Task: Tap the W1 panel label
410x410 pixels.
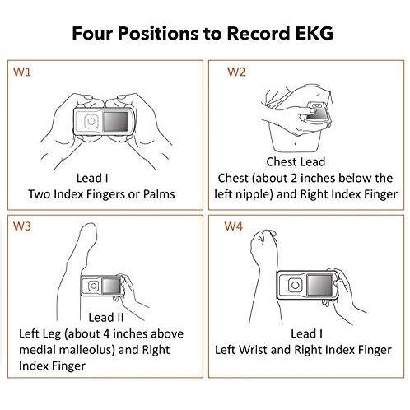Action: (x=22, y=72)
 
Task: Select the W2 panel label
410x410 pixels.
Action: (x=236, y=72)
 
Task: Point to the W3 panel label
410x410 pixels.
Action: (x=22, y=226)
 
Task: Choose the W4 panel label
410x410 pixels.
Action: (x=234, y=226)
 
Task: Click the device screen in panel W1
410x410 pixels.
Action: (x=115, y=121)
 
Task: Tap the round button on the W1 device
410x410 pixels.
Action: (x=91, y=121)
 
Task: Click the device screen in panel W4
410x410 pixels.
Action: (x=319, y=285)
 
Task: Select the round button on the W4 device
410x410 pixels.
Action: (x=296, y=285)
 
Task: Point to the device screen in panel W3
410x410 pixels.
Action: (x=111, y=286)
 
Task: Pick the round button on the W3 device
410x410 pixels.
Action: (x=94, y=286)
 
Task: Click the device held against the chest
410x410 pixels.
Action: (x=317, y=112)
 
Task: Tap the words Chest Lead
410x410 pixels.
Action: (x=296, y=161)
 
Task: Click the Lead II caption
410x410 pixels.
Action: (x=105, y=318)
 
